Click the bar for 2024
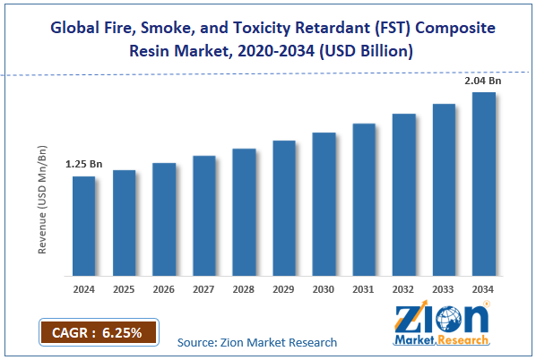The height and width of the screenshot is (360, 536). [x=83, y=225]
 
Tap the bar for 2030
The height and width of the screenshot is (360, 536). [x=324, y=203]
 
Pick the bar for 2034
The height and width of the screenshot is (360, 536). [x=484, y=183]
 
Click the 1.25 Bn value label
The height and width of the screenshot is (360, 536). [x=83, y=165]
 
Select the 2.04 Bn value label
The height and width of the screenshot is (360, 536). [x=482, y=81]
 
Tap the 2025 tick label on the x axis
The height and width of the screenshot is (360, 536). [x=124, y=289]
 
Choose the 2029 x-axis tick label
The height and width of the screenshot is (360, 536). [x=284, y=289]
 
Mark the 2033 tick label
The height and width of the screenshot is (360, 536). [x=444, y=289]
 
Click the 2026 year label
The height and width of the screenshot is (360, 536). [x=164, y=289]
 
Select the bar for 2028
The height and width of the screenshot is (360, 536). [x=244, y=211]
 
